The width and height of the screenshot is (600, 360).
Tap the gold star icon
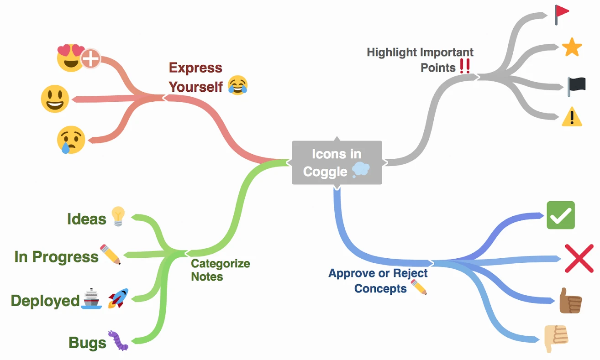[x=571, y=47]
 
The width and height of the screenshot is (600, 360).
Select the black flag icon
[x=576, y=86]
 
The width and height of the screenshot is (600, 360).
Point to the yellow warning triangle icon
[x=572, y=117]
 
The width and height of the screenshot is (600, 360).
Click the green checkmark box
[x=560, y=215]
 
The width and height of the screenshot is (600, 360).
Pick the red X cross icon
[x=579, y=258]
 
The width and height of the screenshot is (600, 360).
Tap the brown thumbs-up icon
[x=570, y=301]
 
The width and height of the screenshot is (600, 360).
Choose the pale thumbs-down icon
[x=556, y=338]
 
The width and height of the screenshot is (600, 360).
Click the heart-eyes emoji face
[x=70, y=57]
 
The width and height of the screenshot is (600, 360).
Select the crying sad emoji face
[x=71, y=140]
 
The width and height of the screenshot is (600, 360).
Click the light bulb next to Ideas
[x=118, y=216]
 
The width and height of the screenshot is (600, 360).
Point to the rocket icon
[x=118, y=298]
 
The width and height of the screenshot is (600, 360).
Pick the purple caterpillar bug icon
[x=118, y=341]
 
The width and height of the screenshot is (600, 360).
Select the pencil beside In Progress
[x=111, y=255]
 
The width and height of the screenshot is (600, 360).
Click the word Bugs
[x=87, y=342]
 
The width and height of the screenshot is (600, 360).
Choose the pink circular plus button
[x=91, y=59]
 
